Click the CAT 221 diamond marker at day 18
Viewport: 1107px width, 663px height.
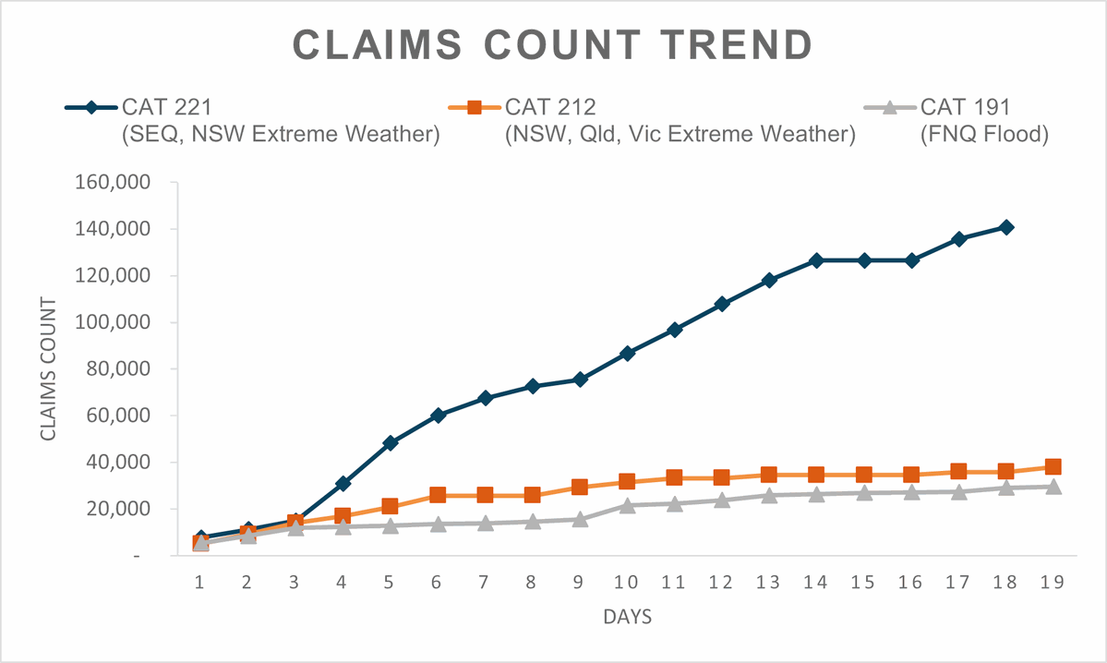(1006, 227)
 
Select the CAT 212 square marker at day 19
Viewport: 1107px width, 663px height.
(1053, 467)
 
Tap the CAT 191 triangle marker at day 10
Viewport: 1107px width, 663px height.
(628, 505)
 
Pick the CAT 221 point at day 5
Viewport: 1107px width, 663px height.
(391, 443)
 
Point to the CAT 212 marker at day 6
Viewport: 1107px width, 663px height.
(438, 496)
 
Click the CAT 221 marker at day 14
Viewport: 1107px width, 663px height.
(817, 260)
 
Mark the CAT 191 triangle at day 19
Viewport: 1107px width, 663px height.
(1053, 487)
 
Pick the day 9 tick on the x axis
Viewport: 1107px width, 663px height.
(580, 583)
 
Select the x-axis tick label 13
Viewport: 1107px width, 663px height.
(769, 583)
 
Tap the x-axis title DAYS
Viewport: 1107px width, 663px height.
(627, 617)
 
